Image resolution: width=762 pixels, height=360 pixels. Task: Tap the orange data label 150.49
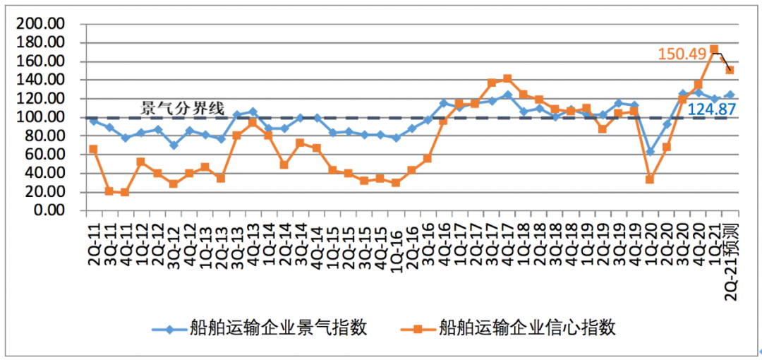[x=682, y=54]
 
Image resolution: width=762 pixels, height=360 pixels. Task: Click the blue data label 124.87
[x=711, y=110]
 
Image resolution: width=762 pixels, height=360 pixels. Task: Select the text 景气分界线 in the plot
[x=183, y=108]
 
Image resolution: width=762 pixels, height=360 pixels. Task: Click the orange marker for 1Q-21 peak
[x=714, y=49]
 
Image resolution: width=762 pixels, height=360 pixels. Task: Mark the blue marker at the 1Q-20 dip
[x=650, y=152]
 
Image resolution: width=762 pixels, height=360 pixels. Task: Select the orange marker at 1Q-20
[x=650, y=179]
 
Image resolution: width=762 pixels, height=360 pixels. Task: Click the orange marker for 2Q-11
[x=93, y=149]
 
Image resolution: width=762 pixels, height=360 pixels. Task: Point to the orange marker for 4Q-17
[x=507, y=78]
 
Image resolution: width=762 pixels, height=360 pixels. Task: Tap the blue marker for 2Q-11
[x=93, y=121]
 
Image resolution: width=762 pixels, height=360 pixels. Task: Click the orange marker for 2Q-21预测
[x=730, y=71]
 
